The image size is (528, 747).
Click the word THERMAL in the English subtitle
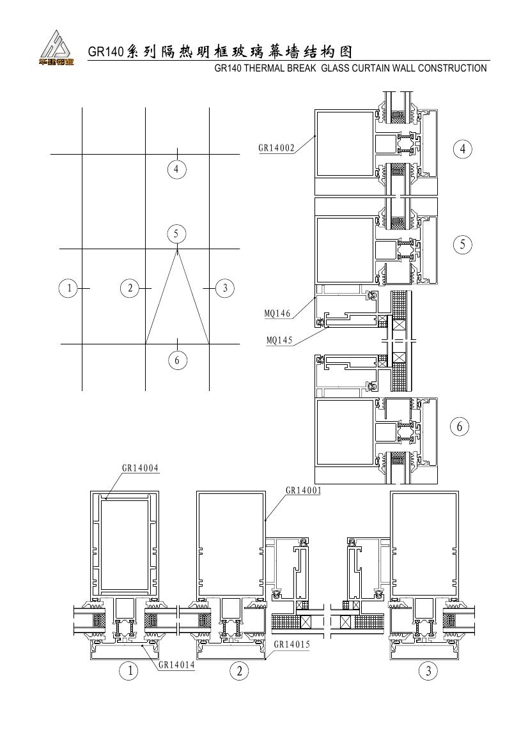265,68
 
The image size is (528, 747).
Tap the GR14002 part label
276,148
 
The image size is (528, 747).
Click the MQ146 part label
277,314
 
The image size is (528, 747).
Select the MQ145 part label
279,340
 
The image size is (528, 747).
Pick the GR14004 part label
140,468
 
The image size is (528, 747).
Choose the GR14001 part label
304,489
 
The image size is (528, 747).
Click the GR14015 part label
291,644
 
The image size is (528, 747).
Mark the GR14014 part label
176,665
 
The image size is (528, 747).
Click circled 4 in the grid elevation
177,169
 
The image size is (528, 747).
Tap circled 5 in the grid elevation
176,233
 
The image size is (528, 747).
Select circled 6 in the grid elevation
177,360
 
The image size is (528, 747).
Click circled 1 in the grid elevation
69,288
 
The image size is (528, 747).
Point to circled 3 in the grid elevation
225,288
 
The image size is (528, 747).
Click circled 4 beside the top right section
462,149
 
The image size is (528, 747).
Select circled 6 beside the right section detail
460,426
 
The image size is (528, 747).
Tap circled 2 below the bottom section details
239,671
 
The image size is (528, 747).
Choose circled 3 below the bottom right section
428,671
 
